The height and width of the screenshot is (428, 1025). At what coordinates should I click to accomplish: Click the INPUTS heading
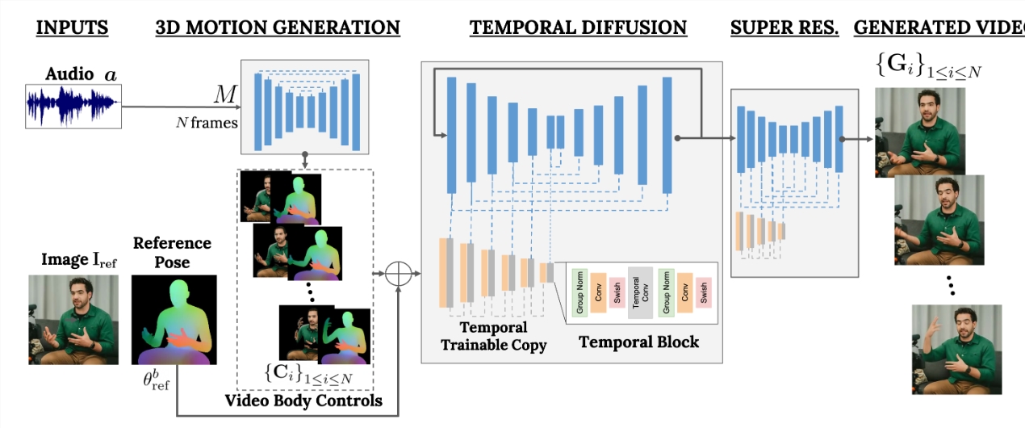click(x=73, y=27)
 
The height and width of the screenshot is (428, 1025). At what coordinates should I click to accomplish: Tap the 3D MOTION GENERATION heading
click(x=278, y=27)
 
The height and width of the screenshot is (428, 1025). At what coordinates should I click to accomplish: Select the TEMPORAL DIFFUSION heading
click(x=578, y=27)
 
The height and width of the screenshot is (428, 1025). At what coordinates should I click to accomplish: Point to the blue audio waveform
click(x=73, y=106)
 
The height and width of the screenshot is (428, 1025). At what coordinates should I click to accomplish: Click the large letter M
click(x=225, y=96)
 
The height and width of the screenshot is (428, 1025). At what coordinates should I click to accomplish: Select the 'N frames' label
click(x=207, y=123)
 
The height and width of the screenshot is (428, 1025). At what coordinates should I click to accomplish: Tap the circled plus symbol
click(x=397, y=274)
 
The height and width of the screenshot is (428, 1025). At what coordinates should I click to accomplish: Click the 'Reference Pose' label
click(x=172, y=252)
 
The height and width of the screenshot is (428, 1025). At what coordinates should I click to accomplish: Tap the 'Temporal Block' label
click(x=638, y=342)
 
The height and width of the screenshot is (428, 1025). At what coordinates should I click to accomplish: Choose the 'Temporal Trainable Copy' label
click(x=493, y=336)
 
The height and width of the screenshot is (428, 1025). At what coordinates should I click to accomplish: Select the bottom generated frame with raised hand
click(x=956, y=349)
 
